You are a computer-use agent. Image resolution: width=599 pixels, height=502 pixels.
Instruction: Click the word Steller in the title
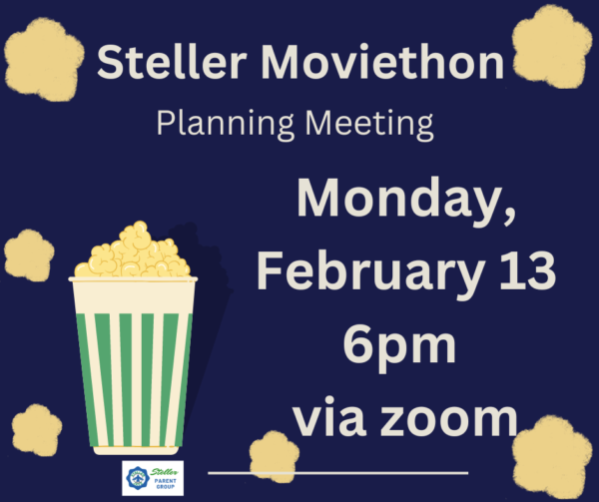172,62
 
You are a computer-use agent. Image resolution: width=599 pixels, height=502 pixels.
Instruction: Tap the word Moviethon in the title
382,62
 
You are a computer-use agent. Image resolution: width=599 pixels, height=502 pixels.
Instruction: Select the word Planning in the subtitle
226,125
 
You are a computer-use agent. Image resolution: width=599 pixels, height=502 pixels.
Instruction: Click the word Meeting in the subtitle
369,125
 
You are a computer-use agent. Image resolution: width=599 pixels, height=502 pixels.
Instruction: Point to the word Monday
405,202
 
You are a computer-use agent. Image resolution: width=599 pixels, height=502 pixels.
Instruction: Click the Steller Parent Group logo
153,478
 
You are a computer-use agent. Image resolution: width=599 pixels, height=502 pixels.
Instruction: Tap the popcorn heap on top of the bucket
133,251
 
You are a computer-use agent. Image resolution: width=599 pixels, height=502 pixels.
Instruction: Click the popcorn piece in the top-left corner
43,60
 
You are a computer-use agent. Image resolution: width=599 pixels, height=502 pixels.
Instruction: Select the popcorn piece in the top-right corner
549,46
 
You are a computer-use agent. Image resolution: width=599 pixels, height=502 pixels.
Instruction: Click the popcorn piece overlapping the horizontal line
274,456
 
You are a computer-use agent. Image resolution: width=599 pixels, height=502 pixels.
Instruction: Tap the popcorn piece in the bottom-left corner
37,430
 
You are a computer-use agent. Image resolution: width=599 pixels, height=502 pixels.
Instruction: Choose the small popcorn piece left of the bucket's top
29,255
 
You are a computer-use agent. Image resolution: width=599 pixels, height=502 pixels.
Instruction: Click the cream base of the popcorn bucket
136,450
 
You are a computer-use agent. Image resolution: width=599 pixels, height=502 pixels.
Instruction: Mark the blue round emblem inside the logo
138,478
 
